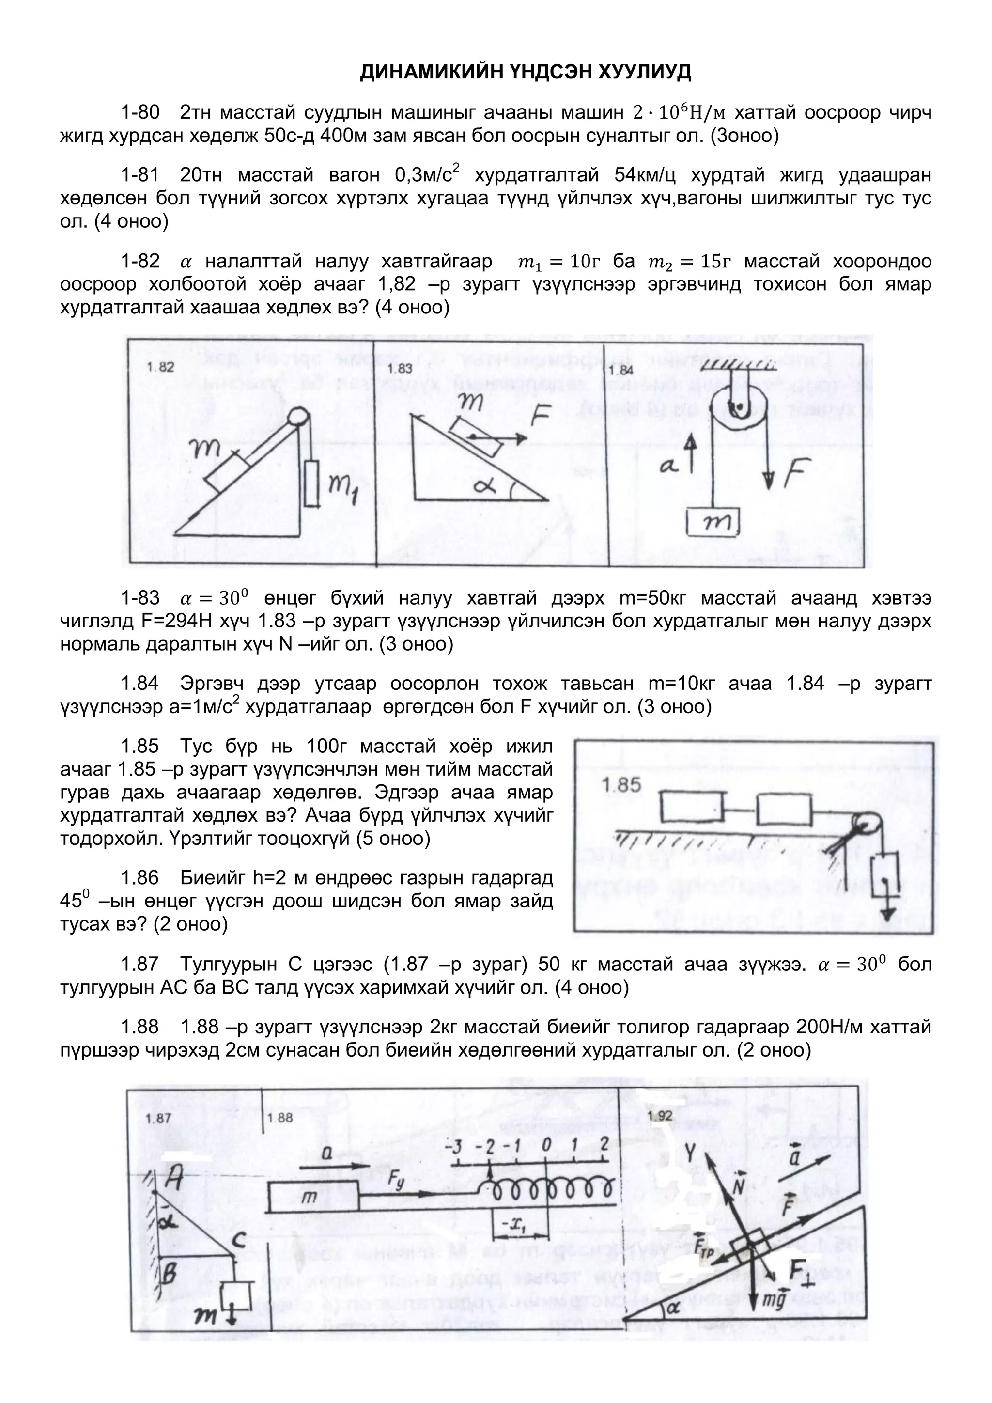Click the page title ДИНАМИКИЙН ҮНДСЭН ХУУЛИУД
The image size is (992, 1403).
point(526,72)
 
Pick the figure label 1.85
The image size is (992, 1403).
point(620,785)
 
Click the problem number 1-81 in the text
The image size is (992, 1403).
point(140,175)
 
